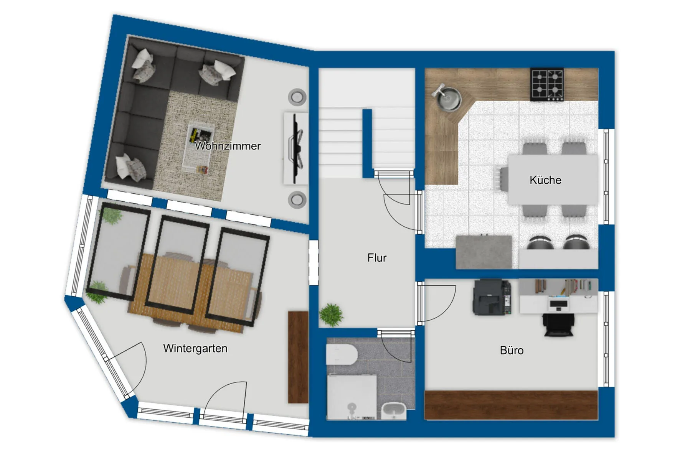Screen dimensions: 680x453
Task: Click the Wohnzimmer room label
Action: click(228, 146)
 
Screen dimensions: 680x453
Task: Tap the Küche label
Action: click(545, 180)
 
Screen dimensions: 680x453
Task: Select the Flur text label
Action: click(377, 258)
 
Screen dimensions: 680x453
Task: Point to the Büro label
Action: click(512, 350)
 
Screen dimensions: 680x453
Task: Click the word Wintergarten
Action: click(195, 348)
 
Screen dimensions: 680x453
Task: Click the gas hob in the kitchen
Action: click(547, 85)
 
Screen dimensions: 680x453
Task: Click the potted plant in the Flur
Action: click(331, 315)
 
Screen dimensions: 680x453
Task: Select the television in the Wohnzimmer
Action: click(296, 148)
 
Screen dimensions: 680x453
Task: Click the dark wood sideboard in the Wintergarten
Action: click(298, 357)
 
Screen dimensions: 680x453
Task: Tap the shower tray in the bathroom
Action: click(351, 397)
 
